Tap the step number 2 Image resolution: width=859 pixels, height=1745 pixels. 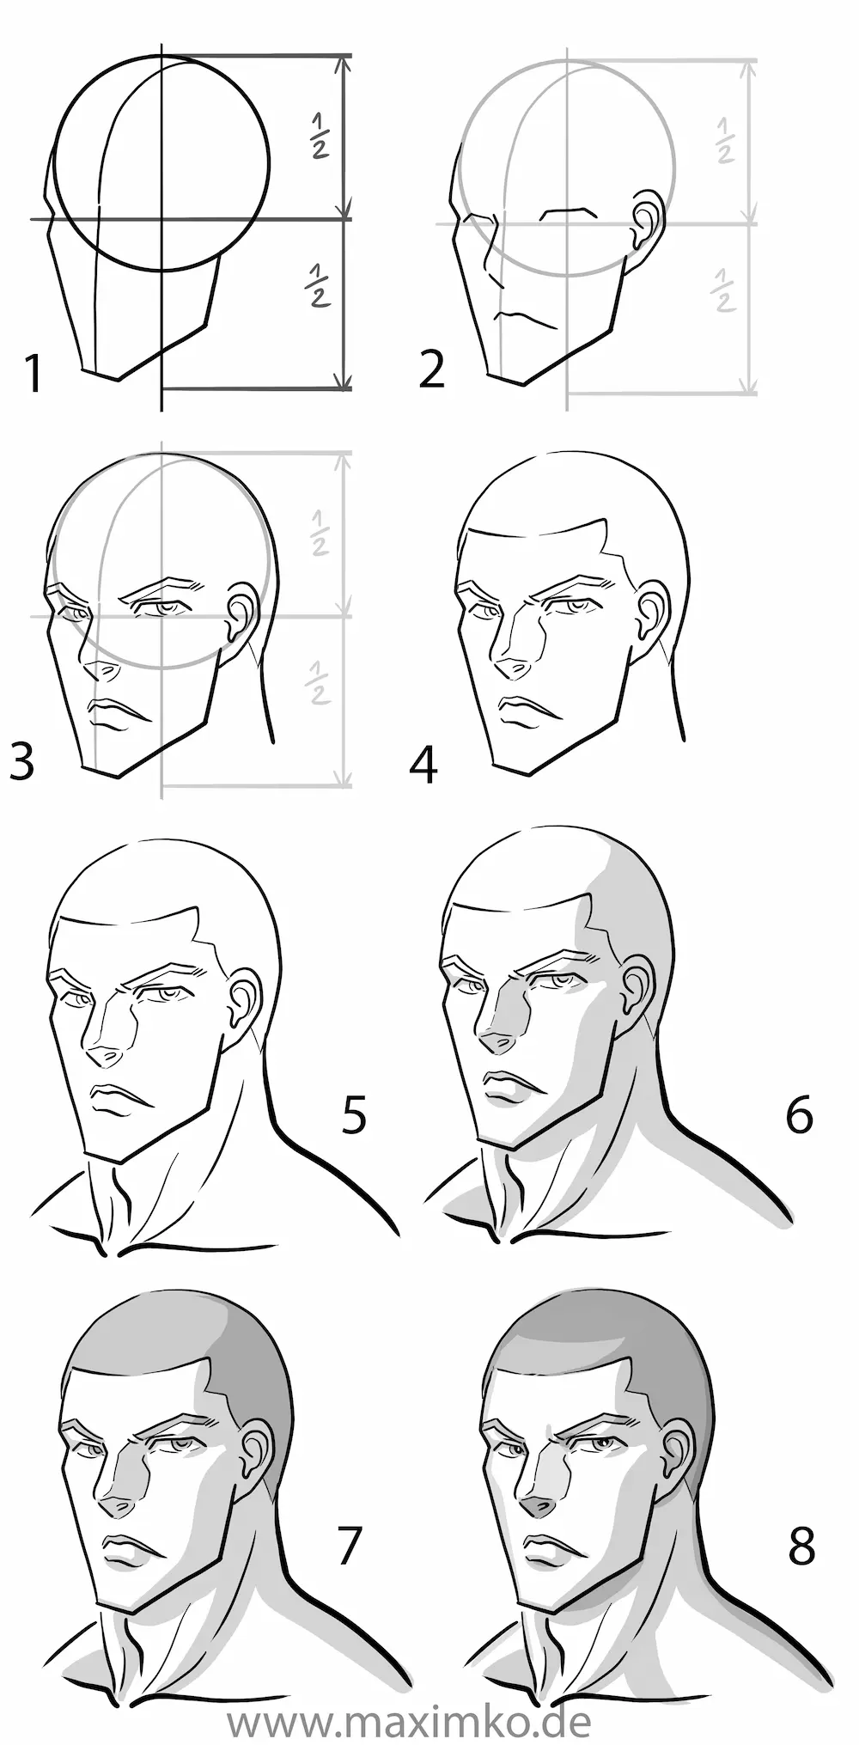(x=431, y=369)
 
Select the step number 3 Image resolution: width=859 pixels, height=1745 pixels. (x=22, y=760)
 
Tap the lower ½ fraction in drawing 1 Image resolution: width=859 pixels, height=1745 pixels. (x=318, y=285)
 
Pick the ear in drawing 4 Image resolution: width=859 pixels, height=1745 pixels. (x=650, y=607)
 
